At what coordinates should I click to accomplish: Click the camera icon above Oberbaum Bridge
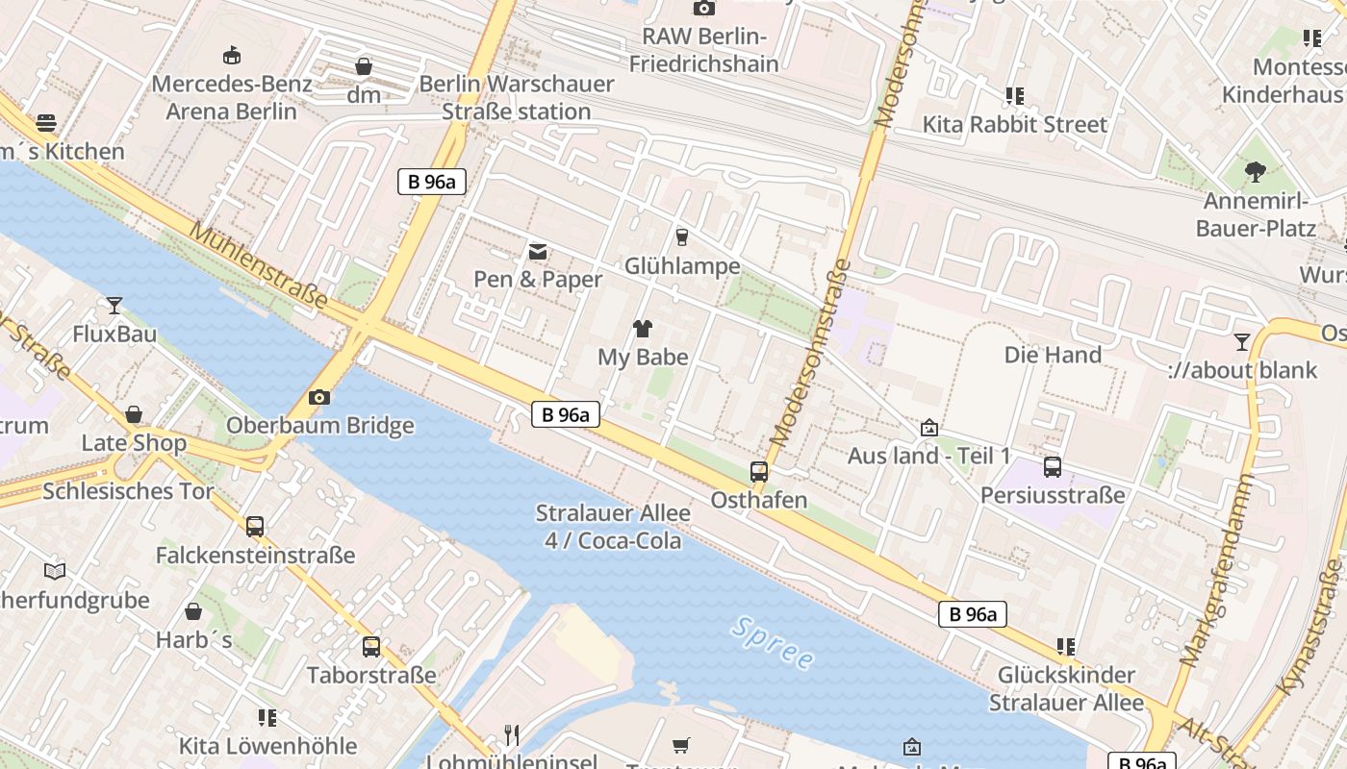[319, 397]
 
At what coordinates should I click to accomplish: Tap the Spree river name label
[773, 643]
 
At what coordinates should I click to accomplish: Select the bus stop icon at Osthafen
[759, 472]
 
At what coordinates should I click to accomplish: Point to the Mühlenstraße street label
[258, 265]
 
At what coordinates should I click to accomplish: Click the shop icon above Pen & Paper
[538, 252]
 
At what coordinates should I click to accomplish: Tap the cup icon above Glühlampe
[682, 236]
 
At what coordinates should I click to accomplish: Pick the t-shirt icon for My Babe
[643, 329]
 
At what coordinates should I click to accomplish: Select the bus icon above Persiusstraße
[1053, 467]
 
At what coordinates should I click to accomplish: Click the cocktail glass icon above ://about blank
[1242, 341]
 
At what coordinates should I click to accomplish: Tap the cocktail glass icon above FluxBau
[114, 306]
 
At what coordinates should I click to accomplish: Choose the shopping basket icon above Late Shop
[134, 414]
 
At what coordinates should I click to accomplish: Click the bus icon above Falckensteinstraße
[255, 527]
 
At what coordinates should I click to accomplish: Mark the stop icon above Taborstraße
[371, 647]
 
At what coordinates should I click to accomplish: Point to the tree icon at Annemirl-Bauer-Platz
[1255, 172]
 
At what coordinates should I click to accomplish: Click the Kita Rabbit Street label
[1015, 124]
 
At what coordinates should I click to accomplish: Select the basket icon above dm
[364, 66]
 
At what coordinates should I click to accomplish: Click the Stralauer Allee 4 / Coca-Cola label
[613, 527]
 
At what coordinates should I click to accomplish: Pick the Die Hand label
[1053, 355]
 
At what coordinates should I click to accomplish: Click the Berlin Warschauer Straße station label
[517, 97]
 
